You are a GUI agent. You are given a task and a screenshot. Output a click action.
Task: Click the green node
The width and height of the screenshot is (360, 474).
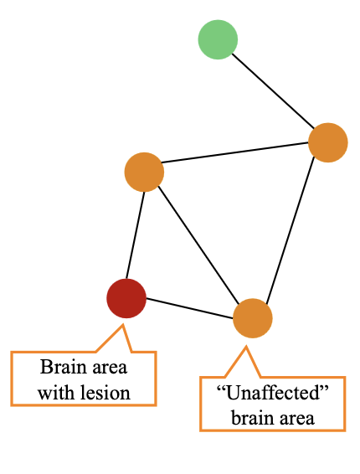click(x=218, y=40)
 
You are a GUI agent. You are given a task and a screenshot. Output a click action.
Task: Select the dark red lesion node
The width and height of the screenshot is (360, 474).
click(x=126, y=298)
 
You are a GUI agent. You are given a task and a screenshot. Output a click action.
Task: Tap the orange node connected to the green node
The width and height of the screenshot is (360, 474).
click(x=327, y=142)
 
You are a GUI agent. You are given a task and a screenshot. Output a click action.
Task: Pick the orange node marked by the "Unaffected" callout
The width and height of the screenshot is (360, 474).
click(x=252, y=318)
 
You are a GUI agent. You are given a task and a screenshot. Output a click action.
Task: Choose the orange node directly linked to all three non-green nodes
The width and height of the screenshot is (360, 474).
click(x=144, y=172)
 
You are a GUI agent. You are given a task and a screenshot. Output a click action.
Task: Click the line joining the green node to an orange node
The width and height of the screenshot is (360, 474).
click(x=273, y=91)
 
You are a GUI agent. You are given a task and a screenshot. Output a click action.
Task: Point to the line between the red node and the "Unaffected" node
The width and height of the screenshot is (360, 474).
click(x=189, y=308)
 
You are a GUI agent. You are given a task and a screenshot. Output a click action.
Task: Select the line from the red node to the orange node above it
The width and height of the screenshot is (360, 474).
click(x=136, y=235)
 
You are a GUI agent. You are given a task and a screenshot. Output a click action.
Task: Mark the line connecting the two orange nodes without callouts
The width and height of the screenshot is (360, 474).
click(x=236, y=157)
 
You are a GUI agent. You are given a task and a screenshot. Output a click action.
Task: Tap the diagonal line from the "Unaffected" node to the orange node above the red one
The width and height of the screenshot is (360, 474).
click(x=198, y=245)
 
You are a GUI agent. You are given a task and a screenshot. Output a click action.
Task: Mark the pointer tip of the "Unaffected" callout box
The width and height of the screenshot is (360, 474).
click(x=245, y=345)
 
